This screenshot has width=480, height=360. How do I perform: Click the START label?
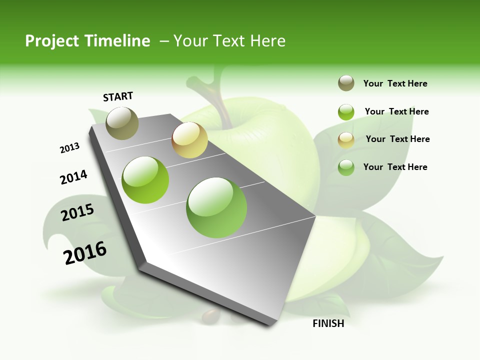point(118,96)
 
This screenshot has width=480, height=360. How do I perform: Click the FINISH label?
point(328,323)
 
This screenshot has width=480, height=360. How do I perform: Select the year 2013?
point(70,148)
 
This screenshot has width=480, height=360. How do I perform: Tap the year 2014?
point(74,177)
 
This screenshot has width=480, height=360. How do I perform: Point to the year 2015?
point(77,212)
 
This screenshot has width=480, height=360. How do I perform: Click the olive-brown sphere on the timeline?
point(122,123)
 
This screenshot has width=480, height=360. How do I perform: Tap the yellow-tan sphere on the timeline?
point(189,140)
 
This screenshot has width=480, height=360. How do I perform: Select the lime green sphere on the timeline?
point(145,180)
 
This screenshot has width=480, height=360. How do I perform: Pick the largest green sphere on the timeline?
point(216,207)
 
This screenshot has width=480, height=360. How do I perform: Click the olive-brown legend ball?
point(346,83)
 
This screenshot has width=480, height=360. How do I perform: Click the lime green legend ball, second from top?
point(346,111)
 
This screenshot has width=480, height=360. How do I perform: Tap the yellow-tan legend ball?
point(346,139)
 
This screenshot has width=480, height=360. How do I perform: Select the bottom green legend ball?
point(346,167)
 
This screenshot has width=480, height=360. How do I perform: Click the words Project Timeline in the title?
point(87,41)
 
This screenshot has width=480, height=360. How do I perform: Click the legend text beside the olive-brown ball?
point(395,83)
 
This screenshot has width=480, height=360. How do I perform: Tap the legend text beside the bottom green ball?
point(395,167)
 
